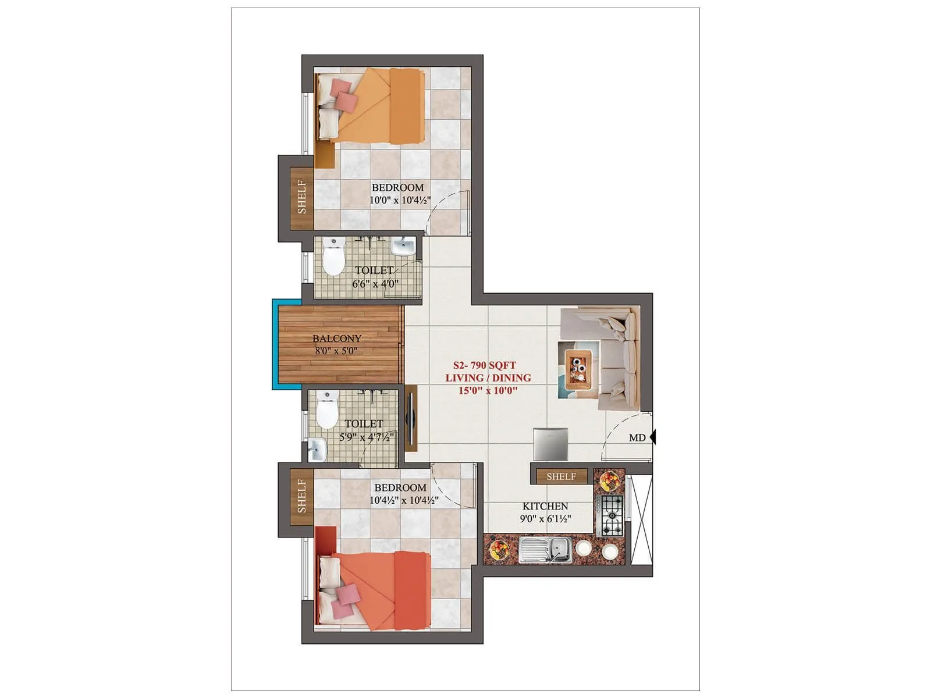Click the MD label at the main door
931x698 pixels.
coord(637,438)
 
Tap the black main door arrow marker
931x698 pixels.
coord(653,436)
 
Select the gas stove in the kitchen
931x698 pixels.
coord(611,515)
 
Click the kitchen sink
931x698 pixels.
coord(545,549)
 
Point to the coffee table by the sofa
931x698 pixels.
coord(578,369)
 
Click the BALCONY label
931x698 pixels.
coord(337,339)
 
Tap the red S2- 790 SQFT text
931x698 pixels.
coord(484,365)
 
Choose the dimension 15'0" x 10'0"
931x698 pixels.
coord(488,390)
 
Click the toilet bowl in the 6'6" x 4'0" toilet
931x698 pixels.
coord(333,257)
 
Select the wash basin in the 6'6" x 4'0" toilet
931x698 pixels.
coord(403,247)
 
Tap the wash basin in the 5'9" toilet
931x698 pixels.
coord(317,449)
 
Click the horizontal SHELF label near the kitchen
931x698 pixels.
coord(561,476)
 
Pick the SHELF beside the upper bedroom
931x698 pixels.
coord(302,197)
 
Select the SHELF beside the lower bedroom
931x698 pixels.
coord(302,496)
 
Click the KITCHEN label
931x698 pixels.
coord(545,506)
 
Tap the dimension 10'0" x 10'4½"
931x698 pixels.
coord(400,200)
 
